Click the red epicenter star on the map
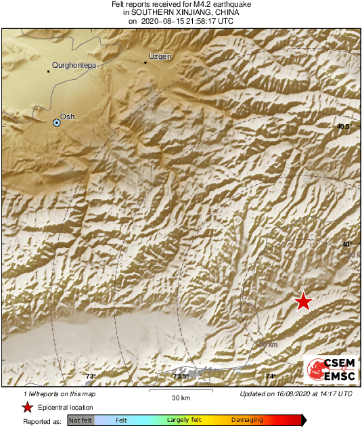pyautogui.click(x=303, y=301)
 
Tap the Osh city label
pyautogui.click(x=68, y=116)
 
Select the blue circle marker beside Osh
pyautogui.click(x=57, y=123)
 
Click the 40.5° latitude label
pyautogui.click(x=346, y=127)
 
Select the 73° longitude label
pyautogui.click(x=91, y=377)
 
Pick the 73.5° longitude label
pyautogui.click(x=180, y=377)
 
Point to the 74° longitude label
pyautogui.click(x=270, y=377)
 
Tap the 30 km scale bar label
pyautogui.click(x=180, y=398)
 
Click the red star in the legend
pyautogui.click(x=27, y=407)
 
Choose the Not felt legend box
pyautogui.click(x=81, y=421)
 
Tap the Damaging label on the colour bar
pyautogui.click(x=247, y=420)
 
